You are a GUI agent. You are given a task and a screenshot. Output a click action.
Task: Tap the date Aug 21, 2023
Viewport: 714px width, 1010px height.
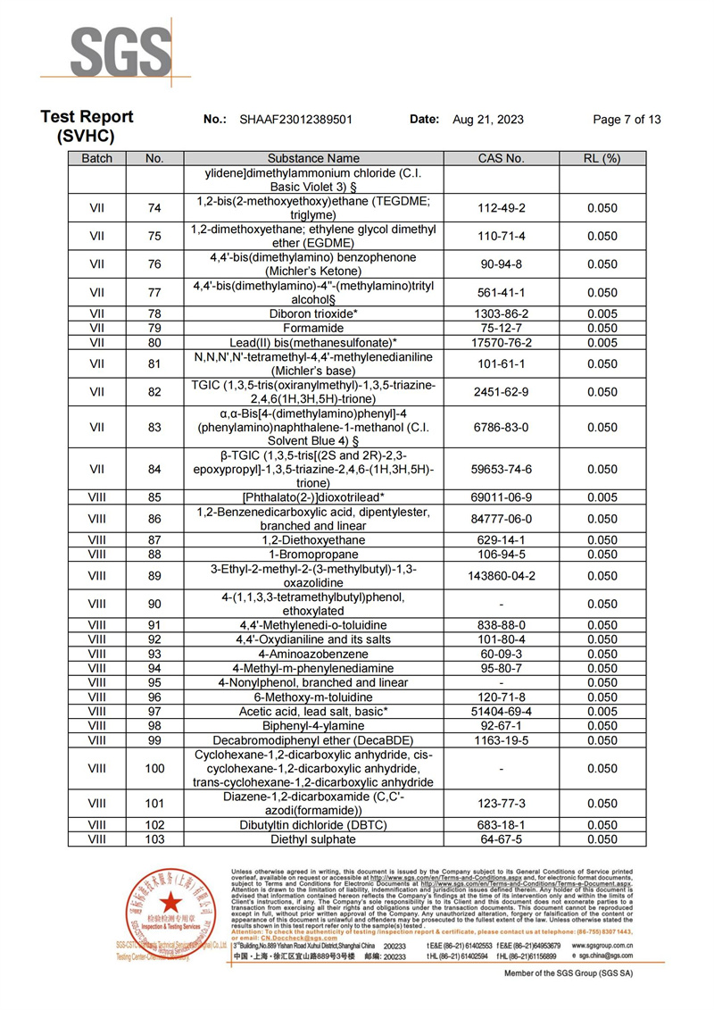coord(488,120)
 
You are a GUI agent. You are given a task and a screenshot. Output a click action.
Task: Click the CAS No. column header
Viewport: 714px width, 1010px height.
coord(501,158)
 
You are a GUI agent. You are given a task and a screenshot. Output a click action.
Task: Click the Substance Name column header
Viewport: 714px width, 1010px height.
coord(313,158)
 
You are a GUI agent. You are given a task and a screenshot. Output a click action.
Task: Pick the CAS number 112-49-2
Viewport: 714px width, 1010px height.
coord(501,208)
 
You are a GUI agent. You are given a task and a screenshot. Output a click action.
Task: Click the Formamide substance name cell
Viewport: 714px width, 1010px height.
coord(313,328)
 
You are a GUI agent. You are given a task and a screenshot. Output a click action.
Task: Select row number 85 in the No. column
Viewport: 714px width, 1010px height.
coord(154,497)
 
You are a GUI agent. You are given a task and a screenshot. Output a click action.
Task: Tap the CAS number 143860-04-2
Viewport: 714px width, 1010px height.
coord(501,576)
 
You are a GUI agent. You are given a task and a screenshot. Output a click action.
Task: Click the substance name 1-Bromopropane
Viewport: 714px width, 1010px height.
coord(313,554)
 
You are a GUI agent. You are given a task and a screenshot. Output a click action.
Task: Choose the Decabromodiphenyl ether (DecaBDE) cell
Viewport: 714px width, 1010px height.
coord(313,740)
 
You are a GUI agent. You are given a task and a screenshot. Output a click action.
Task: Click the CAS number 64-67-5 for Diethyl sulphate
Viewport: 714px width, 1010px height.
coord(501,839)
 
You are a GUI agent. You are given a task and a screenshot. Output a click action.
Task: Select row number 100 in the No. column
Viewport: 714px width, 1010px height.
coord(154,768)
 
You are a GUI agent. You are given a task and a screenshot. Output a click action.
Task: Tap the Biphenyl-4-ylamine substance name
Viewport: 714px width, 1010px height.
coord(313,726)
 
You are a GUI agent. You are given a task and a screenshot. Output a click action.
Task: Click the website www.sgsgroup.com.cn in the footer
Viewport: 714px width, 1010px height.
coord(602,945)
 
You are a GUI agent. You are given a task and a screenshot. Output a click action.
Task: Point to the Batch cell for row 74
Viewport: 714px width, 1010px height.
coord(96,208)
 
